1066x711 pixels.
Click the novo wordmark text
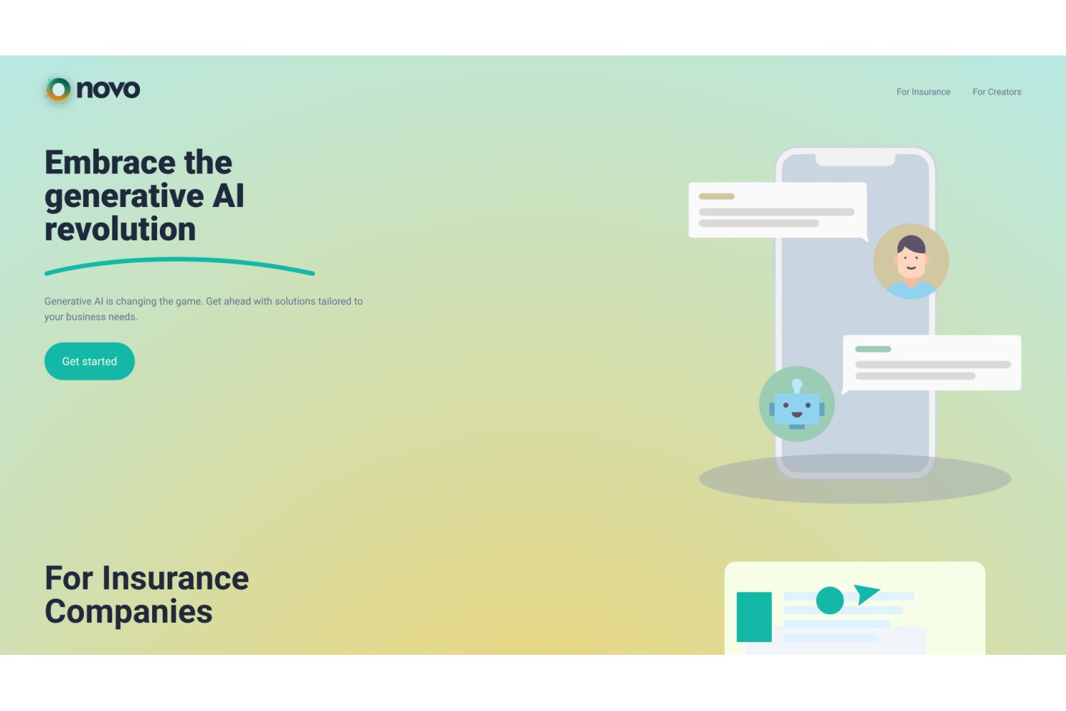(x=108, y=89)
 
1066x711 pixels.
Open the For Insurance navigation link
(x=923, y=92)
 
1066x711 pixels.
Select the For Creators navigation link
(x=996, y=92)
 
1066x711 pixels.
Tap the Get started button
(x=90, y=361)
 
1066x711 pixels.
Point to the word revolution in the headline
(x=120, y=229)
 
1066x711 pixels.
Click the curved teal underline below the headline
(x=179, y=260)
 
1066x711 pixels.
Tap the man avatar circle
(x=911, y=262)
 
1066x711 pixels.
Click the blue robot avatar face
(x=797, y=409)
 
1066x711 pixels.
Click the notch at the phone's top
(x=855, y=160)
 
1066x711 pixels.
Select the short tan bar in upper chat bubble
(x=716, y=196)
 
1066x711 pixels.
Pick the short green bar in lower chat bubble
(x=873, y=349)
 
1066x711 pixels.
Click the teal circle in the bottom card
(x=830, y=600)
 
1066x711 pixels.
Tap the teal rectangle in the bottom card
(x=754, y=617)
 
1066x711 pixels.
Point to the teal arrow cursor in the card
(x=865, y=594)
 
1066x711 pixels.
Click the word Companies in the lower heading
(x=129, y=612)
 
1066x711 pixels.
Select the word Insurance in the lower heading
(x=175, y=578)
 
